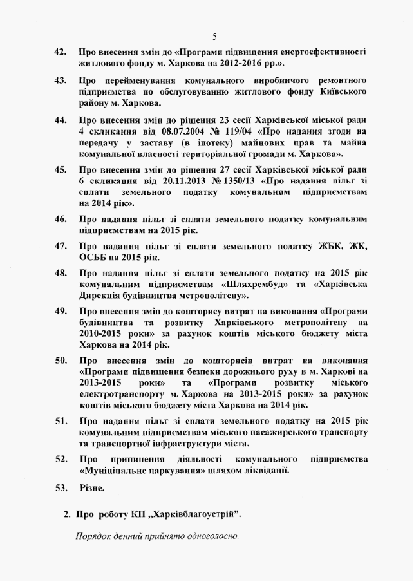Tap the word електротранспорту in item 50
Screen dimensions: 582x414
click(x=122, y=393)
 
